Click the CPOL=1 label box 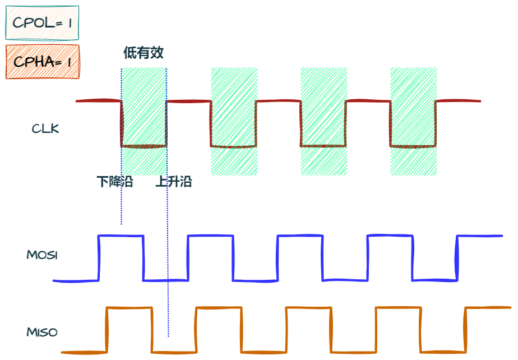click(x=42, y=23)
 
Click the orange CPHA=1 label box click(x=43, y=62)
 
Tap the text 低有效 click(x=144, y=53)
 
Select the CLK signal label click(x=45, y=129)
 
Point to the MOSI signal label click(x=42, y=255)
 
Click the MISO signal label click(x=42, y=332)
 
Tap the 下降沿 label click(x=115, y=182)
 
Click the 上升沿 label click(x=174, y=182)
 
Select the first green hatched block click(x=144, y=121)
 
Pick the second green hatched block click(x=234, y=121)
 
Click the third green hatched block click(x=323, y=121)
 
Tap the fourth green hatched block click(x=413, y=121)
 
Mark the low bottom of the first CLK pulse click(x=144, y=146)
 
